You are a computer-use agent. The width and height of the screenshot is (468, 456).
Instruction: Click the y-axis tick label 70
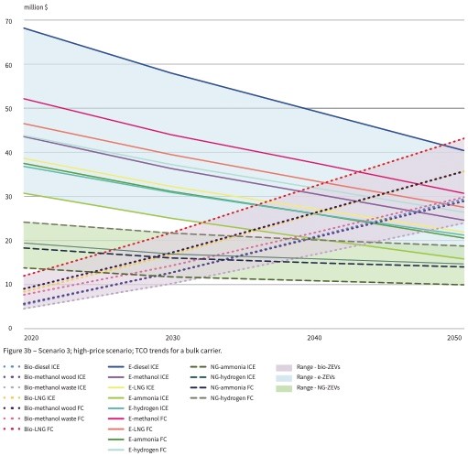[8, 20]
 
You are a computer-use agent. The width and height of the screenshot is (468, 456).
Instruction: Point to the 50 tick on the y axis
[8, 108]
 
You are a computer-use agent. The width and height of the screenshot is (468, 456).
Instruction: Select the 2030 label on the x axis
[168, 337]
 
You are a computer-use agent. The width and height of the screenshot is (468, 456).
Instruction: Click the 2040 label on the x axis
[314, 337]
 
